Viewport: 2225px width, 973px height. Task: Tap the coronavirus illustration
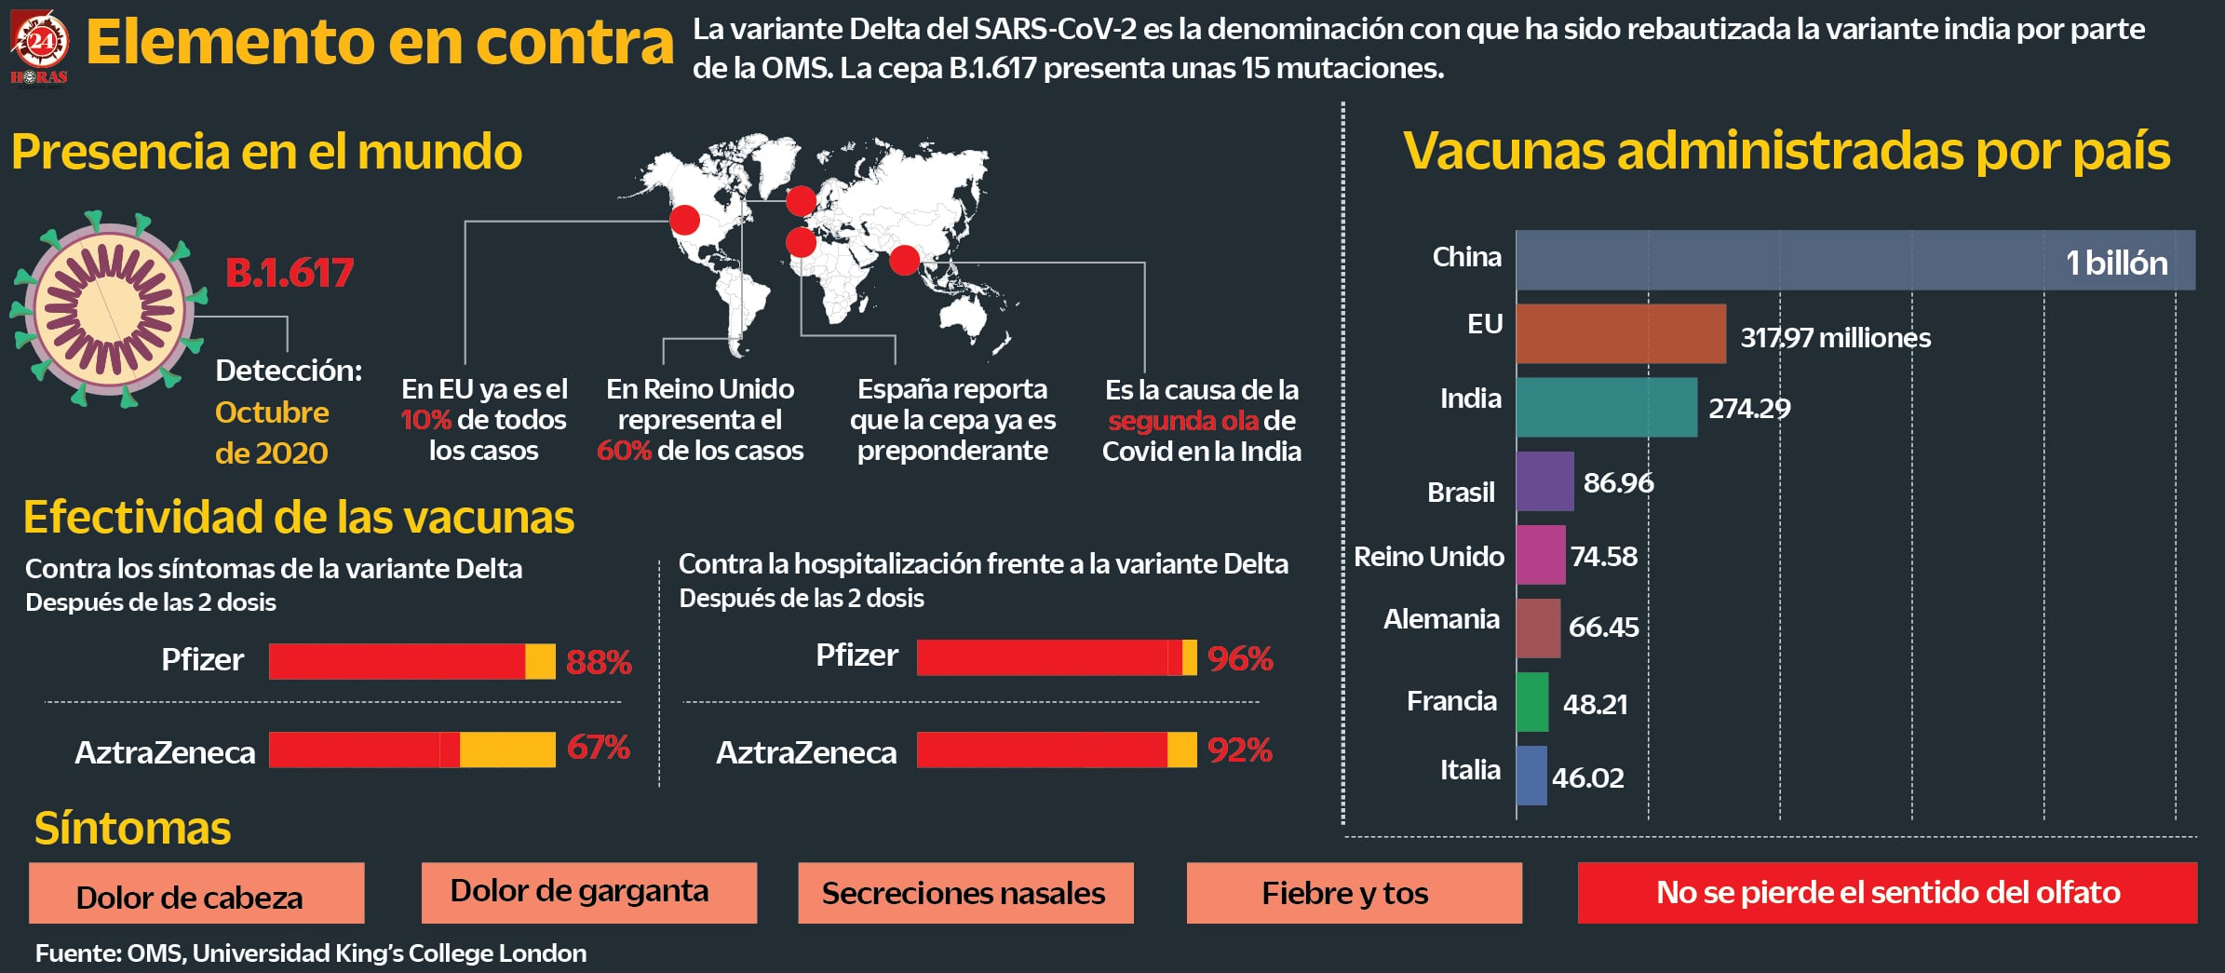point(109,309)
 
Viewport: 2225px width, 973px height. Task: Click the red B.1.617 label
point(290,273)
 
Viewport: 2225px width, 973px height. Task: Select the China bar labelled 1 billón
point(1854,261)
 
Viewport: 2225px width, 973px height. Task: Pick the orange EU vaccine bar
point(1620,333)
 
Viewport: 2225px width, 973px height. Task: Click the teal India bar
point(1606,407)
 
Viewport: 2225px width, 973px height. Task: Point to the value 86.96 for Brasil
point(1618,482)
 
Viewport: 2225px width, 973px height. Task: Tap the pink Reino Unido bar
point(1540,555)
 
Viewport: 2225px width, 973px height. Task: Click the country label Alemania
point(1441,619)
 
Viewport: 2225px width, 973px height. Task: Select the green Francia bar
point(1532,702)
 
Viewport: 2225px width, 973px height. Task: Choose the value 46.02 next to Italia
point(1587,777)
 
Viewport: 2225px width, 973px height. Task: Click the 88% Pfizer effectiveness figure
point(599,662)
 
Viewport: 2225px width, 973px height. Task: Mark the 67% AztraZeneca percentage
point(599,748)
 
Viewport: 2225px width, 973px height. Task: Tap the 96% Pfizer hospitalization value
point(1240,658)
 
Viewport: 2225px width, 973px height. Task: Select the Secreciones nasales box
point(965,893)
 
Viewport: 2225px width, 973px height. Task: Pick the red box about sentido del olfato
point(1887,893)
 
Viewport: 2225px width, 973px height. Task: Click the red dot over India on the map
point(904,260)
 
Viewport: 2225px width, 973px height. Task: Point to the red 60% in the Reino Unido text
point(623,451)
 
